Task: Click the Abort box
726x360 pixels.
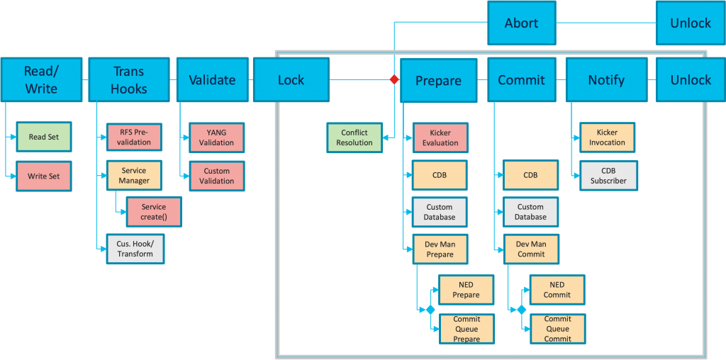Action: (x=521, y=23)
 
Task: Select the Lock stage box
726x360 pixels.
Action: (x=291, y=80)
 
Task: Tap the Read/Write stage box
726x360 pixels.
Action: (x=40, y=80)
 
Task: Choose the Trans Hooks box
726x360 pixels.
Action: (x=128, y=80)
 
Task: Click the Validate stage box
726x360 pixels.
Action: (x=211, y=80)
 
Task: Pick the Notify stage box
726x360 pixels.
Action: (x=606, y=80)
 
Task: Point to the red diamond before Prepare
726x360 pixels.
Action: (x=394, y=80)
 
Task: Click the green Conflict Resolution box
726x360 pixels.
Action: (x=354, y=137)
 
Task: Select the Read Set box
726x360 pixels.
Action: (x=44, y=137)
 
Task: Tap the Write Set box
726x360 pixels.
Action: (x=44, y=176)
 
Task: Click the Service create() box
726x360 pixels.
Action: (x=153, y=212)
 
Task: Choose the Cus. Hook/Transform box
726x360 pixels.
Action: (x=135, y=249)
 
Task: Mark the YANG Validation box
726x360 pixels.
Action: (x=216, y=137)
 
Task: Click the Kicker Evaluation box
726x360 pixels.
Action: (x=440, y=137)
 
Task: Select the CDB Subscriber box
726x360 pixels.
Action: (x=608, y=176)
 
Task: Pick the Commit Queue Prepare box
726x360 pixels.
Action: (x=467, y=329)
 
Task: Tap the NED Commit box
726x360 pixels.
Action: (x=557, y=290)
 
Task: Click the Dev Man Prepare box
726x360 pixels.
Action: (x=440, y=249)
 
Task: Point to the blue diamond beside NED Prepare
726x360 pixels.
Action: (x=430, y=310)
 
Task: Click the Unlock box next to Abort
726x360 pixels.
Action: (x=691, y=23)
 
